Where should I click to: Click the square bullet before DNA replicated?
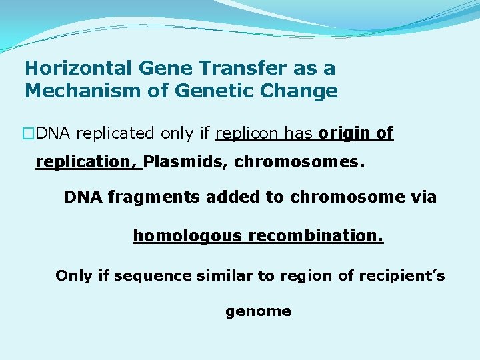click(x=29, y=133)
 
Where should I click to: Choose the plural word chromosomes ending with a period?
click(x=299, y=162)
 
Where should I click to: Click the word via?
click(x=425, y=197)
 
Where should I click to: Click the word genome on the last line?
click(x=258, y=311)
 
